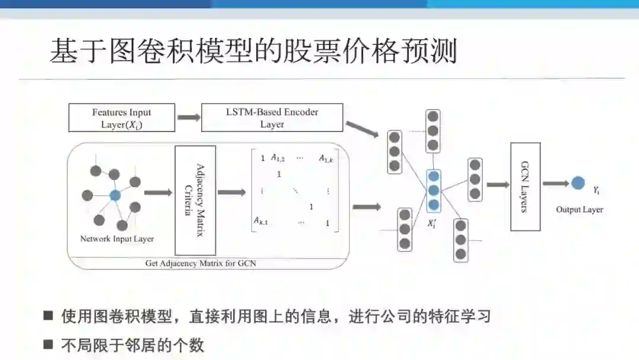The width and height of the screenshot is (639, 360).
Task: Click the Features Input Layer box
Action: click(x=122, y=118)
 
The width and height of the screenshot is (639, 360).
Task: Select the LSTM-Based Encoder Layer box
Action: click(x=272, y=117)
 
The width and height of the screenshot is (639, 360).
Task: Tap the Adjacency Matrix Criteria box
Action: click(x=195, y=200)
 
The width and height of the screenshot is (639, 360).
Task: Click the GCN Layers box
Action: click(x=525, y=187)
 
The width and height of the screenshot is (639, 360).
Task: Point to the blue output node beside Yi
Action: click(x=578, y=183)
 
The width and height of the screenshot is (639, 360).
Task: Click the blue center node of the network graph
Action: click(x=115, y=194)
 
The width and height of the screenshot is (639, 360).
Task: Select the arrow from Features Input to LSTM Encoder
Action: click(x=188, y=117)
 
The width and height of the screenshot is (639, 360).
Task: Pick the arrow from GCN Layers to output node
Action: click(x=556, y=184)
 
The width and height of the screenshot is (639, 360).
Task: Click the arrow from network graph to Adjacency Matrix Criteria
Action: click(x=157, y=192)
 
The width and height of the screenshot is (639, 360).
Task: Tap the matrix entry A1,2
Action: click(x=278, y=158)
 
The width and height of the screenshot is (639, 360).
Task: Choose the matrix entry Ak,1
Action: click(x=261, y=221)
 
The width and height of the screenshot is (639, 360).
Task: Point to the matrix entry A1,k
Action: click(x=326, y=158)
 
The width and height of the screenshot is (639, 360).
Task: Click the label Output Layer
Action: click(x=579, y=210)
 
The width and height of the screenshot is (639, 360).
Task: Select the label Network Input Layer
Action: click(x=117, y=239)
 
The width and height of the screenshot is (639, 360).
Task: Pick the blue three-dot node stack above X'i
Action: click(x=434, y=191)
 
